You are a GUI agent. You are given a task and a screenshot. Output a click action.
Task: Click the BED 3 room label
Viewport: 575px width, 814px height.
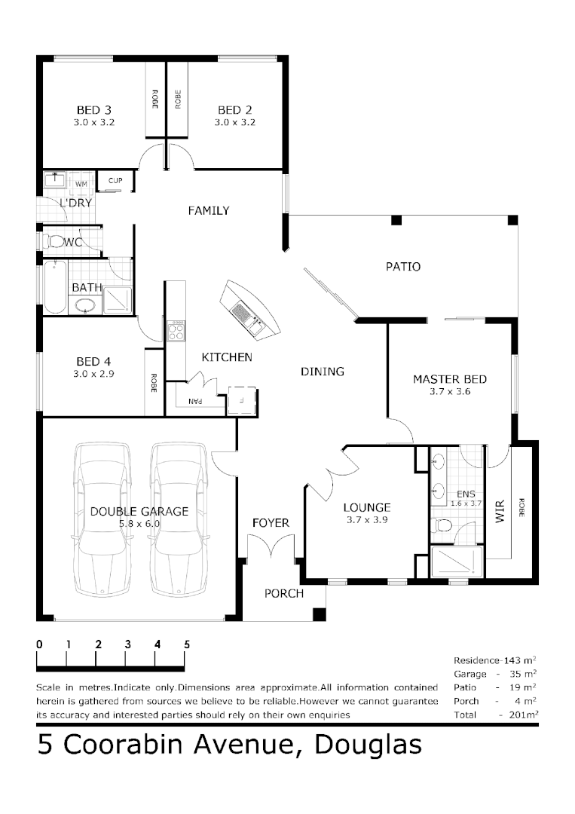tap(94, 110)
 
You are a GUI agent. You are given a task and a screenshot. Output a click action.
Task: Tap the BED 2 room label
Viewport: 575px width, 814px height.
tap(234, 110)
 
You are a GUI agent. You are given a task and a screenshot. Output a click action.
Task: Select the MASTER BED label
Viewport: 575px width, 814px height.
tap(449, 379)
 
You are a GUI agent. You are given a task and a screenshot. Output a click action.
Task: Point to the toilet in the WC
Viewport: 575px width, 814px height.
tap(55, 241)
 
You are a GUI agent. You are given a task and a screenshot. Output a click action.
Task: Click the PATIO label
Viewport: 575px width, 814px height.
tap(402, 266)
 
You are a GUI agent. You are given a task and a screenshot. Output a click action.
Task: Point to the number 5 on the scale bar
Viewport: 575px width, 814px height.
tap(187, 644)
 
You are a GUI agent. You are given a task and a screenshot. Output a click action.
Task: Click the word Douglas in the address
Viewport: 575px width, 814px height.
tap(368, 745)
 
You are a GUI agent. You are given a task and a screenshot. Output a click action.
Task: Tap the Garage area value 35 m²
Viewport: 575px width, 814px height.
tap(526, 673)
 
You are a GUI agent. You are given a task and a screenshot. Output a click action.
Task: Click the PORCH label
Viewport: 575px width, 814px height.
tap(283, 593)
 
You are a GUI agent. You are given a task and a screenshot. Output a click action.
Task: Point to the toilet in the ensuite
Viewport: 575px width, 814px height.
tap(443, 525)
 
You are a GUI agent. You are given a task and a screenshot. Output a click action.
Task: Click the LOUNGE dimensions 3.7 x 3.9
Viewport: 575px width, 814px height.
tap(366, 519)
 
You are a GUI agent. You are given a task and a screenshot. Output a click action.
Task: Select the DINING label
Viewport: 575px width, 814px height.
tap(322, 371)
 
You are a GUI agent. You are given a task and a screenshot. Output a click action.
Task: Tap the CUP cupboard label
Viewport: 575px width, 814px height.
tap(115, 181)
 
